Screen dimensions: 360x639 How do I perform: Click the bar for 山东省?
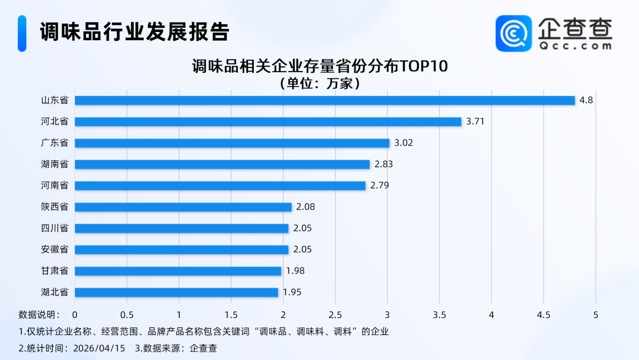pos(325,101)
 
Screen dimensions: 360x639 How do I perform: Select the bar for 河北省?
pos(268,122)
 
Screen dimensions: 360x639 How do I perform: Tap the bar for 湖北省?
pos(176,292)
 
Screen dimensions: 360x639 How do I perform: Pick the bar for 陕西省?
pos(183,207)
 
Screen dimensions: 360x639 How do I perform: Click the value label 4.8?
pos(586,101)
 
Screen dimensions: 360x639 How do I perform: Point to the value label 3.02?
pos(404,143)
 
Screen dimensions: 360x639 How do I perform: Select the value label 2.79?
pos(380,186)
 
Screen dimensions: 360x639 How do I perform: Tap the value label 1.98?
pos(295,271)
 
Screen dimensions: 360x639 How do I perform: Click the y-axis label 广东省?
pos(54,143)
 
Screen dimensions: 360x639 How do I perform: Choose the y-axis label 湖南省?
pos(54,165)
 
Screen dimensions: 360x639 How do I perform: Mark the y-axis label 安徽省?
pos(54,250)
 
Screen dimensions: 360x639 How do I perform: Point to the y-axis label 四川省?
pos(54,229)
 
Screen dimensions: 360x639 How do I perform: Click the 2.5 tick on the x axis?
pos(335,314)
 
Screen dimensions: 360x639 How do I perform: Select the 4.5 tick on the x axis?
pos(544,314)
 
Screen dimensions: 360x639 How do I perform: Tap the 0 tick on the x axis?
pos(75,314)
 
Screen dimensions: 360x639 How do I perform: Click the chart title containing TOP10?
pos(319,65)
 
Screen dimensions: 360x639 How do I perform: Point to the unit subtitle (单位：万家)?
pos(319,83)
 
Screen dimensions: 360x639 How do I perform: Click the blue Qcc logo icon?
pos(514,33)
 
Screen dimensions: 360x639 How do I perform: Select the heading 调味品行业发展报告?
pos(134,32)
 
